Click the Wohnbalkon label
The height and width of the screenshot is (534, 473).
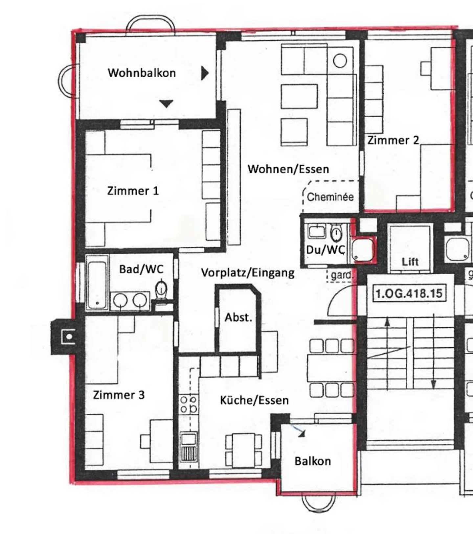point(142,73)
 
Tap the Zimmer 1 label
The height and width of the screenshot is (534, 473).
point(133,191)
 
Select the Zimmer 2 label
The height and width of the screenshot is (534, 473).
point(393,140)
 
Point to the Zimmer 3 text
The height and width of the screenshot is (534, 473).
point(119,395)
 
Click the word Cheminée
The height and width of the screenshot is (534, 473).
point(330,197)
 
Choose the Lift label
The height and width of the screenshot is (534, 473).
point(410,262)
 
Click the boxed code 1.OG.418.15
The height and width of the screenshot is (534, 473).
point(409,293)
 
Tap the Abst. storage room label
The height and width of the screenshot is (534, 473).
point(238,317)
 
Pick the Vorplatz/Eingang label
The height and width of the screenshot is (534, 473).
point(248,273)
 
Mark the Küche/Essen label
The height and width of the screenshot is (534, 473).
point(254,400)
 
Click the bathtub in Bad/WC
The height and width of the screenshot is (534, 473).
point(97,283)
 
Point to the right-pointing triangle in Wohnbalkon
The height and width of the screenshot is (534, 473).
point(205,73)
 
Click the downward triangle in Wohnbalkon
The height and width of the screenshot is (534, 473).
point(166,104)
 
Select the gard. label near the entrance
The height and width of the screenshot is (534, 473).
point(342,275)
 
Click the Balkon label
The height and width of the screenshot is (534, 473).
point(313,461)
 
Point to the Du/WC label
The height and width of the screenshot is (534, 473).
point(326,250)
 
